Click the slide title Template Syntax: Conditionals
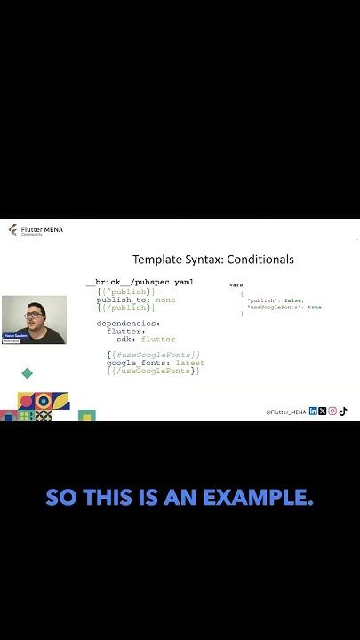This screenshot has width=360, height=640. (212, 260)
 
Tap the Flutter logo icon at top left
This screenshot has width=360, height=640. (12, 230)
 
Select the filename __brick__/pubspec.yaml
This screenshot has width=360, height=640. (140, 282)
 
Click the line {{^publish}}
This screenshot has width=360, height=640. (126, 292)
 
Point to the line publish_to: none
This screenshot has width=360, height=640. (136, 300)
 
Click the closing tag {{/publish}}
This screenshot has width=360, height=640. (126, 308)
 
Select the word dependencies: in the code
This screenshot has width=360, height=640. (128, 324)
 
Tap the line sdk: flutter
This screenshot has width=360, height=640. (146, 339)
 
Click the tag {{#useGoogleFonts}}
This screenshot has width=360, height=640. (153, 355)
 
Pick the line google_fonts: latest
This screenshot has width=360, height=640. (155, 363)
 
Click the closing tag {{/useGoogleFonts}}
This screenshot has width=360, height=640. (153, 371)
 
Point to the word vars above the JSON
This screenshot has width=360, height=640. (236, 284)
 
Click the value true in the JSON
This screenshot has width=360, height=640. (314, 308)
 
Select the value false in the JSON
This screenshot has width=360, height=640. (292, 300)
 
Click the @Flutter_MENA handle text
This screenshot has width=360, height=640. (285, 412)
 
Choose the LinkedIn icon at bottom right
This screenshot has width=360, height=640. (313, 412)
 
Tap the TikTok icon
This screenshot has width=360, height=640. (343, 412)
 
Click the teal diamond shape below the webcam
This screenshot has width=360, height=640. (28, 373)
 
